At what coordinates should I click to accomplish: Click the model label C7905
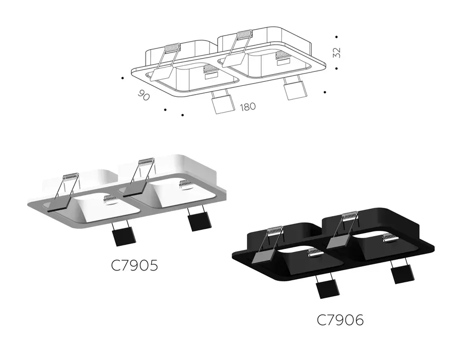134,265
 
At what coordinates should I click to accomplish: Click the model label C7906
340,320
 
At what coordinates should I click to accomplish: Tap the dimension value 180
248,106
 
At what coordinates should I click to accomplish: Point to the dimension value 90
144,95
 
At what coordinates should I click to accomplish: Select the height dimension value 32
336,52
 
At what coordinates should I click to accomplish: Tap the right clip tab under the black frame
403,274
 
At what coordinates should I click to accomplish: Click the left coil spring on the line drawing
173,48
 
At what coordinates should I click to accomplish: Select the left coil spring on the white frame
71,176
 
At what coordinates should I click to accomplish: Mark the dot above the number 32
336,37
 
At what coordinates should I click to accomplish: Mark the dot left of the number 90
122,78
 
